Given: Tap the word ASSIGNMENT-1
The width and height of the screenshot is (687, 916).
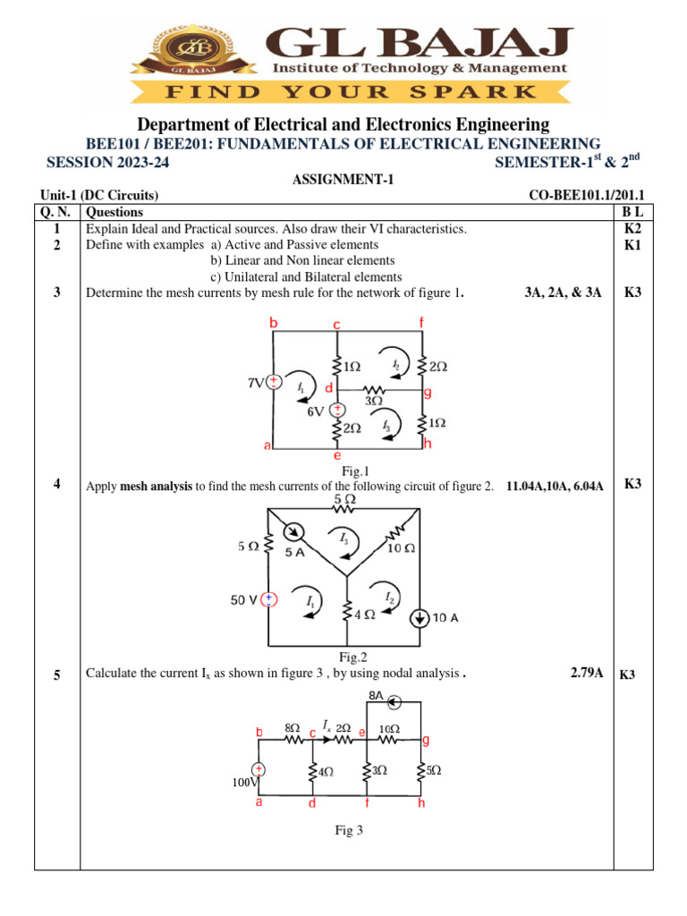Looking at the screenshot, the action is (x=343, y=180).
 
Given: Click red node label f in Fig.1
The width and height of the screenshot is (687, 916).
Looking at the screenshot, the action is (x=421, y=321).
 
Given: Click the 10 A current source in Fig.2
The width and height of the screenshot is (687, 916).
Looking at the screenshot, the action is (x=418, y=618).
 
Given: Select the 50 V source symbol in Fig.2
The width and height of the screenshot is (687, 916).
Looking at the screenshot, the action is (x=267, y=599).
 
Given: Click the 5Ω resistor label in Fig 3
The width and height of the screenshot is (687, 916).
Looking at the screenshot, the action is (x=433, y=769).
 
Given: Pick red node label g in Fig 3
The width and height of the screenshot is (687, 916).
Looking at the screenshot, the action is (x=426, y=741).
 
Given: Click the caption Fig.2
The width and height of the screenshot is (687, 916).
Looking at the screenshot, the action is (x=353, y=657).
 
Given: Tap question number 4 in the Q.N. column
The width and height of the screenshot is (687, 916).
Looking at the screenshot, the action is (x=56, y=485).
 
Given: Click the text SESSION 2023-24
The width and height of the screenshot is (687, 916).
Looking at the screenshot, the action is (x=106, y=162).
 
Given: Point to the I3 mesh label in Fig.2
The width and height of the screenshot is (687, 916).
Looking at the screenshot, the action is (x=344, y=539).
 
